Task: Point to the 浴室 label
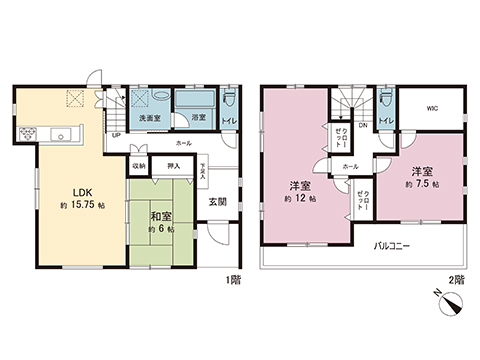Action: (199, 118)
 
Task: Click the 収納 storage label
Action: (139, 167)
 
